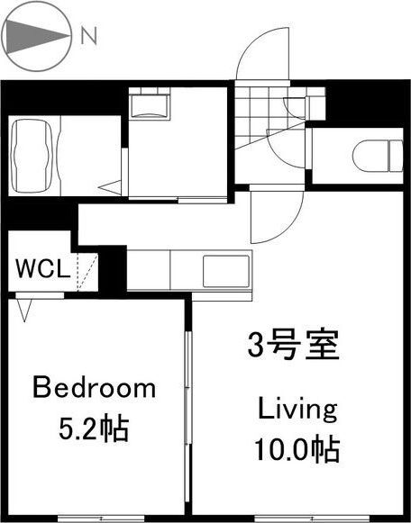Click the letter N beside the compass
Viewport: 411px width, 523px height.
88,36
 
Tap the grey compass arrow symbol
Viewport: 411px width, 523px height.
36,36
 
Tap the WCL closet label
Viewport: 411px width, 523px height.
39,269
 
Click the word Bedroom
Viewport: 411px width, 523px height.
95,389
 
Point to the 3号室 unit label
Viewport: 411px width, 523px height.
293,344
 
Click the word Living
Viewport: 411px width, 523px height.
297,410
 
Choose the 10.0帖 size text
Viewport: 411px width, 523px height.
297,447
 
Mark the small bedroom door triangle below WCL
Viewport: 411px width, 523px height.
24,311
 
